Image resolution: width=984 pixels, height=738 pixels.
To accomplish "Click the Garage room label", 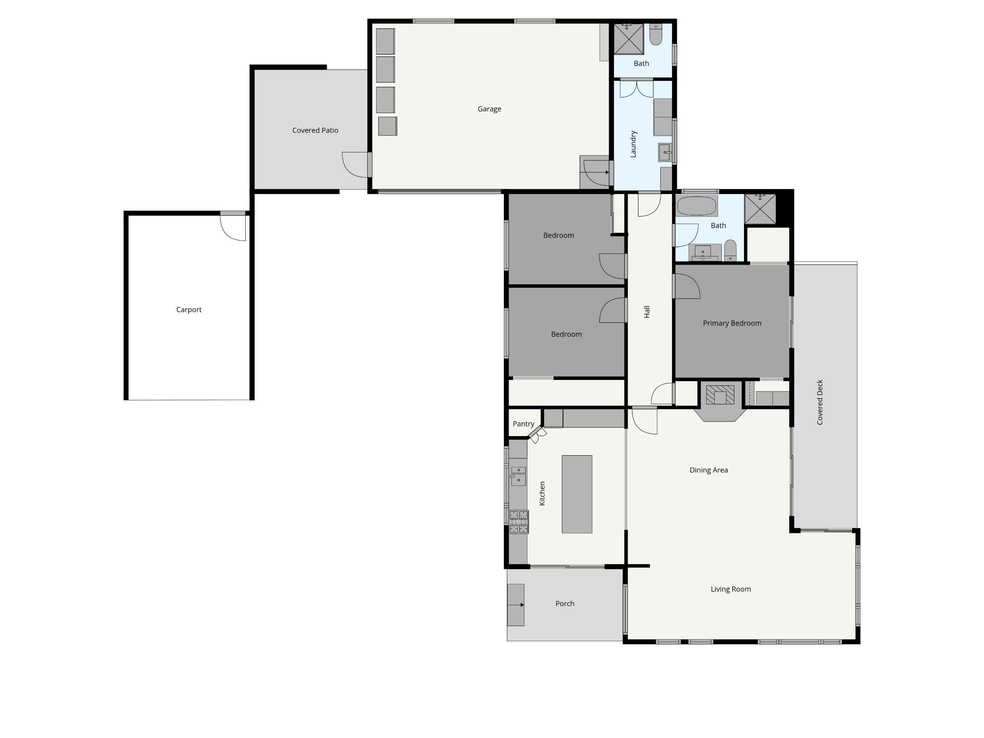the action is pos(489,109).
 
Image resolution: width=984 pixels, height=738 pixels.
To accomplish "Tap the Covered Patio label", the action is pos(315,130).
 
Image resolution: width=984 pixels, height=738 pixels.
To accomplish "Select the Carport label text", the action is pos(189,310).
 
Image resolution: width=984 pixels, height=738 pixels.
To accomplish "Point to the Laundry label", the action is pos(633,144).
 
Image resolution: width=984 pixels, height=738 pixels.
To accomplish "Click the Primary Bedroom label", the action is pos(732,323).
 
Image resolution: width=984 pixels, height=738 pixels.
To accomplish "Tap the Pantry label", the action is pos(523,424).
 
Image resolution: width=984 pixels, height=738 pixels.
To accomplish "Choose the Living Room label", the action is pos(731,589).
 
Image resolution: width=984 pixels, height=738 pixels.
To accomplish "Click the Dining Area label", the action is pos(709,470).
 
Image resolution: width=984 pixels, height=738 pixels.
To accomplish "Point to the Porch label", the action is pos(565,604).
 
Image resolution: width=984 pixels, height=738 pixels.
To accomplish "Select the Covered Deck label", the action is pos(820,402).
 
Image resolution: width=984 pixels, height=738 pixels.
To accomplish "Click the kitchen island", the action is pos(577,494).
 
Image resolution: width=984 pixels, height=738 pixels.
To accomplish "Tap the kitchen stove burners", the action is pos(519,521).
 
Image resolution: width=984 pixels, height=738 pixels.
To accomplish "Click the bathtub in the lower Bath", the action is pos(697,206).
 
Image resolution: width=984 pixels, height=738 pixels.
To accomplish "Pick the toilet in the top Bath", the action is pos(656,34).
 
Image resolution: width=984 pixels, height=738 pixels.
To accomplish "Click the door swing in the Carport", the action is pos(232,228).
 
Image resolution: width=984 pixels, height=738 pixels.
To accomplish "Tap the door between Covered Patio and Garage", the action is pos(356,165).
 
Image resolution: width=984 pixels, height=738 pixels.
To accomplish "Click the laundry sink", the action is pos(665,152).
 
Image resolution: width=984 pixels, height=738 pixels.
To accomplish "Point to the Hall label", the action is pos(647,311).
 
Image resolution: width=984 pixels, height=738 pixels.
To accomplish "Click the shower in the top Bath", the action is pos(629,39).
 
